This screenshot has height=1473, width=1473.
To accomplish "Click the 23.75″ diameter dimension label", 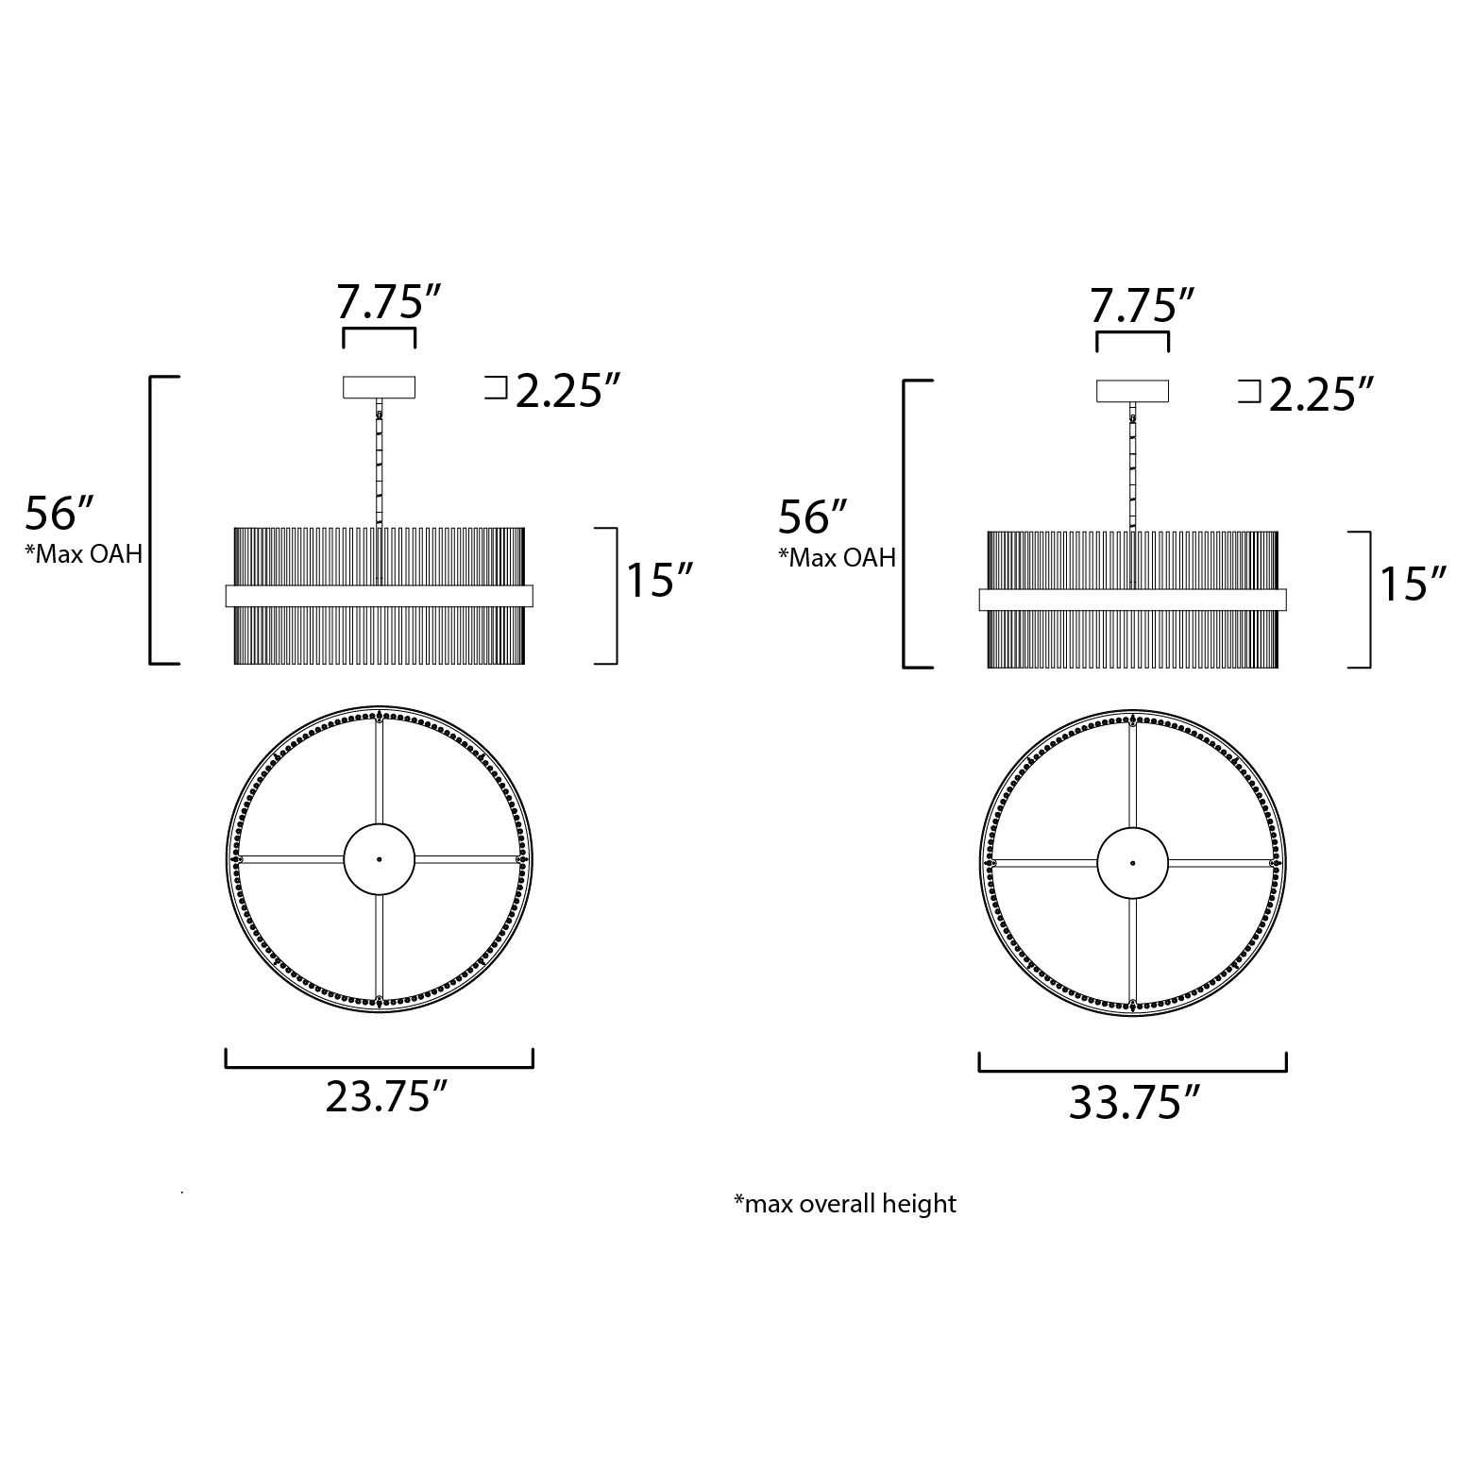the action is [x=385, y=1097].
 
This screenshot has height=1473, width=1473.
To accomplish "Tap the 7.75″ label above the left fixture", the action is [x=389, y=302].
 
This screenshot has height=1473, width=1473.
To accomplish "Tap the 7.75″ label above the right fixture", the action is [x=1143, y=306].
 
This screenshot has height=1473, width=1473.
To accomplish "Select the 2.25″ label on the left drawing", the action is [x=568, y=390].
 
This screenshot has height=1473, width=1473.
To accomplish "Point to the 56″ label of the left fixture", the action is [x=60, y=514].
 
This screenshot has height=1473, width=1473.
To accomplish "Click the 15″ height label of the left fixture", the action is [x=661, y=580].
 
